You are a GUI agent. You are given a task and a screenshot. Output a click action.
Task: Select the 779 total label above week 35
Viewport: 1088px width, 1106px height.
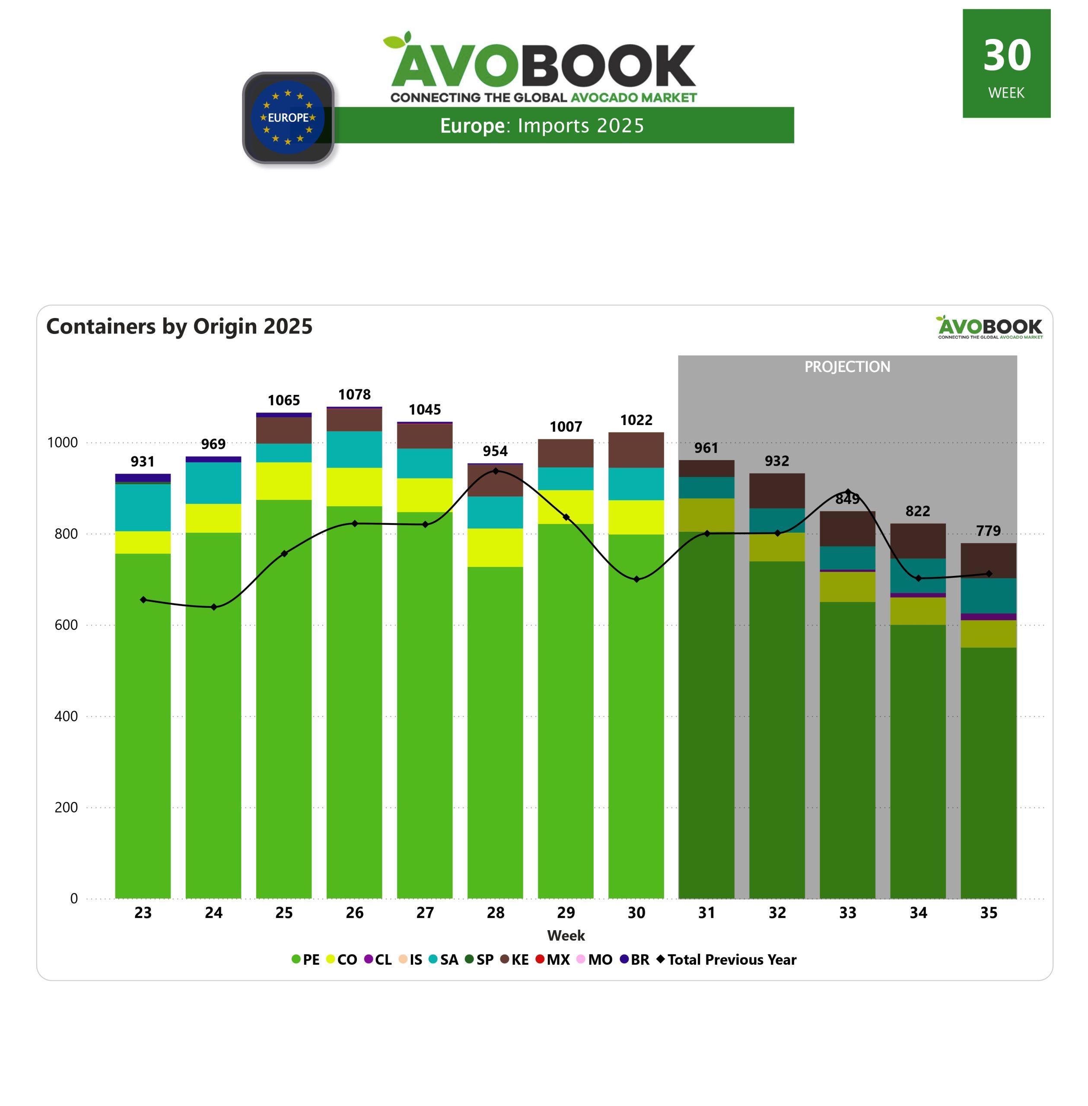(x=989, y=531)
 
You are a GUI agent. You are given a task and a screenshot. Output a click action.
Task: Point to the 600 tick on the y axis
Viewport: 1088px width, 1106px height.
(x=66, y=625)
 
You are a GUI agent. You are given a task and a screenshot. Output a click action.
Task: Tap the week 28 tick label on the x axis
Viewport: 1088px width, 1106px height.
(x=496, y=913)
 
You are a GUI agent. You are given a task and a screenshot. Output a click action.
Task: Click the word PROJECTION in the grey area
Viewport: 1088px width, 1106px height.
(x=847, y=367)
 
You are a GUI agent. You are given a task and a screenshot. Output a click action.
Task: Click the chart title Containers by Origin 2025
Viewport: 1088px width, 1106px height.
(x=179, y=326)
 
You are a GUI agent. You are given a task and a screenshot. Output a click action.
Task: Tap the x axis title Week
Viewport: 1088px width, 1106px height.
(x=566, y=936)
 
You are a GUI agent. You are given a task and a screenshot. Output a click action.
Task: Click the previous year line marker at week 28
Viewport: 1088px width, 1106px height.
(x=496, y=471)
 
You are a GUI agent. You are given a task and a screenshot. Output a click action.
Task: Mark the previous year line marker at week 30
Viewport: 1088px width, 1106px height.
(x=636, y=579)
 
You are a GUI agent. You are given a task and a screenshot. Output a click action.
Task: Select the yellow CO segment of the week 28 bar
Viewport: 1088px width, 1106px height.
(x=496, y=547)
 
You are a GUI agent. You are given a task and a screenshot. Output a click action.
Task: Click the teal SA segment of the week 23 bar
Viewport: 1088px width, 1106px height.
(x=143, y=507)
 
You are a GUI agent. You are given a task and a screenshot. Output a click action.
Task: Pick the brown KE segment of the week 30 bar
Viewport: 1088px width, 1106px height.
(x=636, y=450)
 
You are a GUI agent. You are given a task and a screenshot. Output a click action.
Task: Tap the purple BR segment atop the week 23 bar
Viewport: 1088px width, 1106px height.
(x=143, y=477)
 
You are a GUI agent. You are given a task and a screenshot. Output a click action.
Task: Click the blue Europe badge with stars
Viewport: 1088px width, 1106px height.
(x=288, y=118)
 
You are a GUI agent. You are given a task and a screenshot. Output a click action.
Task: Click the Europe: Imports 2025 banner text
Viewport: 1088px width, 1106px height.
(x=542, y=126)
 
